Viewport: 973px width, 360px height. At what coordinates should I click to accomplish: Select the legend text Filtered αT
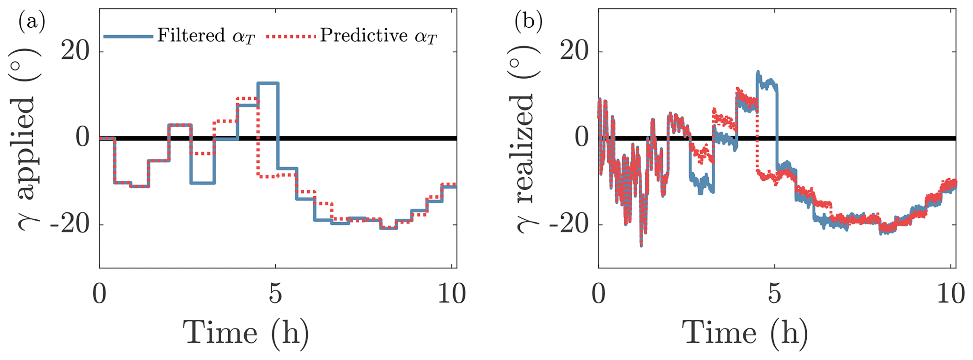(x=206, y=36)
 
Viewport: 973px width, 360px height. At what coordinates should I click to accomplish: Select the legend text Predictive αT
(x=378, y=36)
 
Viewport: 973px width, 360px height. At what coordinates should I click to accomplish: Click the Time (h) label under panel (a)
(x=246, y=333)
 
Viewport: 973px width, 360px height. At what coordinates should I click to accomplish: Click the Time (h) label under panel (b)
(x=745, y=333)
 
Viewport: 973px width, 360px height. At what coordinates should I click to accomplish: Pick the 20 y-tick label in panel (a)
(x=76, y=52)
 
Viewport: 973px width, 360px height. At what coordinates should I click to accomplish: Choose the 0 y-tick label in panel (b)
(x=583, y=139)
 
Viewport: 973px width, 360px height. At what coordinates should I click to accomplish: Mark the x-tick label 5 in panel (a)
(x=276, y=295)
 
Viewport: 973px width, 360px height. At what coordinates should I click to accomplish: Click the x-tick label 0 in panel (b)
(x=598, y=295)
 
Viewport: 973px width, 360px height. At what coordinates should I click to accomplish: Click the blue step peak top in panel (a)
(x=268, y=83)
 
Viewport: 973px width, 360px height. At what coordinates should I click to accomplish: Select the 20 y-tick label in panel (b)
(x=575, y=52)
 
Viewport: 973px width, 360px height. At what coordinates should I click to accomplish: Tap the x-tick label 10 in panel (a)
(x=452, y=295)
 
